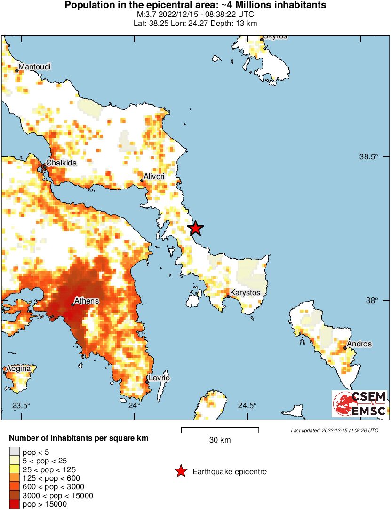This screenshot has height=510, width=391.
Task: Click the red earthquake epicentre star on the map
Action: pos(195,229)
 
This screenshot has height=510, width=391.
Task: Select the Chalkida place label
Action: pos(61,163)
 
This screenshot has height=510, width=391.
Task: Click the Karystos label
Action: pos(245,293)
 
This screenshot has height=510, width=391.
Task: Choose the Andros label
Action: pos(360,344)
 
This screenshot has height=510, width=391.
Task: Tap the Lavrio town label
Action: pos(159,378)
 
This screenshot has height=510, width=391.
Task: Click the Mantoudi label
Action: pos(34,67)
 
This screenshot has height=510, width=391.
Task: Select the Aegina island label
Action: pos(18,368)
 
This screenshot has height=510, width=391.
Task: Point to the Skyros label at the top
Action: pos(275,36)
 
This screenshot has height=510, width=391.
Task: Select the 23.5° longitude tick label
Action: pos(21,406)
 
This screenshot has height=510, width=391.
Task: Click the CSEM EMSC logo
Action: pos(359,403)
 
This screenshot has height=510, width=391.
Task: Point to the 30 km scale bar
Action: pos(220,428)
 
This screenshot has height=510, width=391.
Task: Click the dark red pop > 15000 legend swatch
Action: pos(14,504)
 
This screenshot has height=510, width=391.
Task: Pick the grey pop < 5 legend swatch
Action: pos(14,452)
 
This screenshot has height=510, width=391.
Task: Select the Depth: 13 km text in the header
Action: pos(235,23)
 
